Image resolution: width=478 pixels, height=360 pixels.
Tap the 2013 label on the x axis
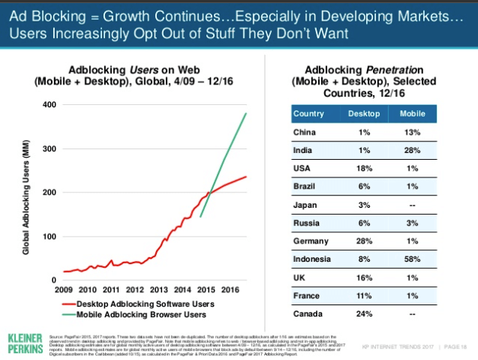click(x=159, y=290)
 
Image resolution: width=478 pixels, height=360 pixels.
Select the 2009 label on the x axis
click(x=64, y=290)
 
